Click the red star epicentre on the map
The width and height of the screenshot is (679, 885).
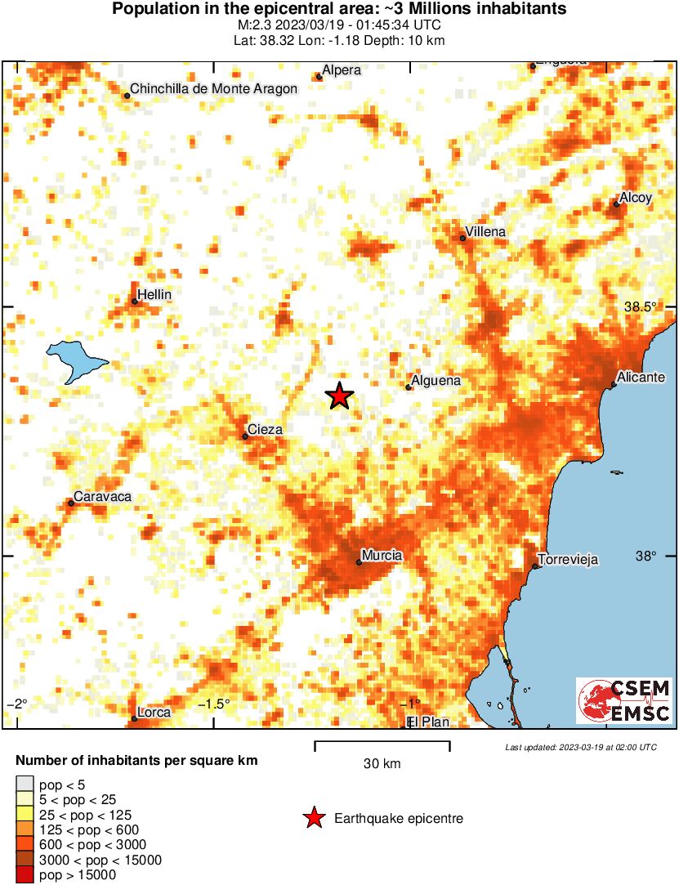pyautogui.click(x=339, y=396)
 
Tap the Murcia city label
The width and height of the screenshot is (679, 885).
pyautogui.click(x=382, y=556)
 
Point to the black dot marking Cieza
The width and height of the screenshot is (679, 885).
pyautogui.click(x=245, y=436)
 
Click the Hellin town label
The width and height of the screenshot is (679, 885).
pyautogui.click(x=154, y=294)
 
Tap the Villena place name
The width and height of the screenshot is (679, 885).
pyautogui.click(x=485, y=232)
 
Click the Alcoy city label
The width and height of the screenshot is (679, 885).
pyautogui.click(x=636, y=198)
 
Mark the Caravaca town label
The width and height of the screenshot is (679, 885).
pyautogui.click(x=102, y=496)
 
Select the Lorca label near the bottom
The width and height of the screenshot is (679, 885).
pyautogui.click(x=154, y=713)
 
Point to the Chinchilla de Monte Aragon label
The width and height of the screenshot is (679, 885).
pyautogui.click(x=214, y=88)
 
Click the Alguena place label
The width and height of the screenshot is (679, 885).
pyautogui.click(x=437, y=381)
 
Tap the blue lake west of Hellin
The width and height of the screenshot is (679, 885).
pyautogui.click(x=76, y=361)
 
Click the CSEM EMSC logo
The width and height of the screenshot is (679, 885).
pyautogui.click(x=624, y=700)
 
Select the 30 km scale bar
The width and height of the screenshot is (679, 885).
pyautogui.click(x=382, y=743)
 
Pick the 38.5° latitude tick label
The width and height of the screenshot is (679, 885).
pyautogui.click(x=640, y=307)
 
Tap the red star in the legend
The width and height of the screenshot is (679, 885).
pyautogui.click(x=313, y=818)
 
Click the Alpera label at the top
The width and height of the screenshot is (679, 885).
pyautogui.click(x=342, y=70)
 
